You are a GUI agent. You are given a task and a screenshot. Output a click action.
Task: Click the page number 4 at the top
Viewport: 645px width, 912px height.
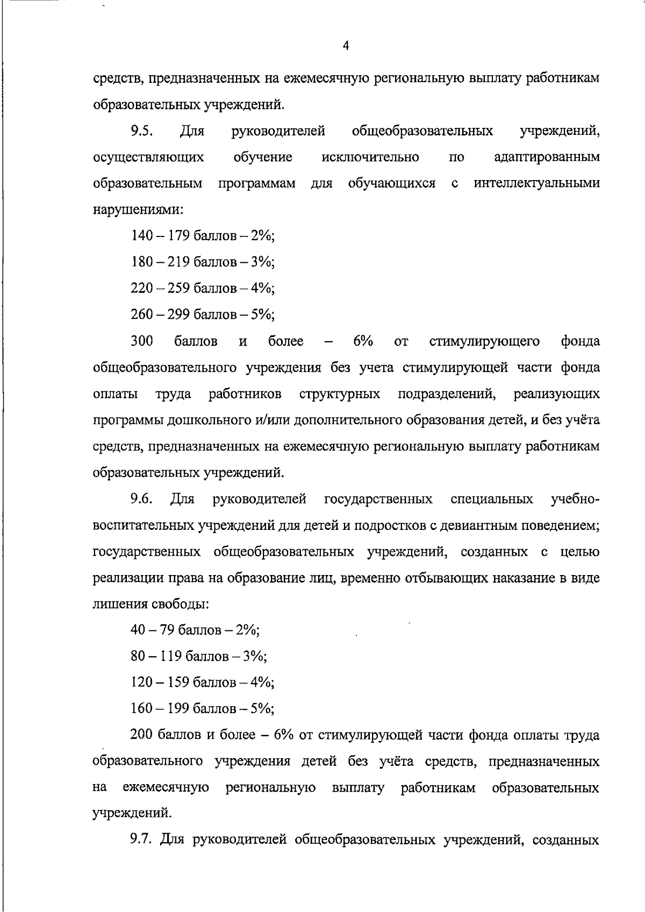346,47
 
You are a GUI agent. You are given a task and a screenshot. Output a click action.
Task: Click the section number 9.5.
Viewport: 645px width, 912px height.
142,131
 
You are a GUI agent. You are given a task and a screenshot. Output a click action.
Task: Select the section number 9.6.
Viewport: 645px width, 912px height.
142,499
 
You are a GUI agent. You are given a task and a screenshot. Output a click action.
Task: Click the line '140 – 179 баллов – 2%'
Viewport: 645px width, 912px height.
203,236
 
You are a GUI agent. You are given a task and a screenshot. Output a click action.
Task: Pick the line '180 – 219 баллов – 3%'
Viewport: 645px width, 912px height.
203,262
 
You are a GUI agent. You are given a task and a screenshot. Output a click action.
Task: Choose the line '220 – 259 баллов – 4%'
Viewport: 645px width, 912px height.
203,289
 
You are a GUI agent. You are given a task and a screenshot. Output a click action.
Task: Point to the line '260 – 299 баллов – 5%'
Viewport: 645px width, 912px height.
203,315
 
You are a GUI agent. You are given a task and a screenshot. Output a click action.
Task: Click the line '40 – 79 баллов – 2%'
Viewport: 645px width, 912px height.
195,630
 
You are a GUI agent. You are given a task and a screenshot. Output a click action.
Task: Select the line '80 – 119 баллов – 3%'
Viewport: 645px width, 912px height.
199,656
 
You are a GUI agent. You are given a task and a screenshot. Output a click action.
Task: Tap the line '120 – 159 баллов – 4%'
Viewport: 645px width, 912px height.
203,683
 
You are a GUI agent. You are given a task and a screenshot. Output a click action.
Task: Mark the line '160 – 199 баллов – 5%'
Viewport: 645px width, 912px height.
203,709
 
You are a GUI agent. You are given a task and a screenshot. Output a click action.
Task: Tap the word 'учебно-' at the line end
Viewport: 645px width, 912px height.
575,499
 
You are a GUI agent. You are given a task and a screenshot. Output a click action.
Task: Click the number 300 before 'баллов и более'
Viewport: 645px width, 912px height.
142,341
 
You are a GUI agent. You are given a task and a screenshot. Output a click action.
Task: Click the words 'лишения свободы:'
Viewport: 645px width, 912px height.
151,604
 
